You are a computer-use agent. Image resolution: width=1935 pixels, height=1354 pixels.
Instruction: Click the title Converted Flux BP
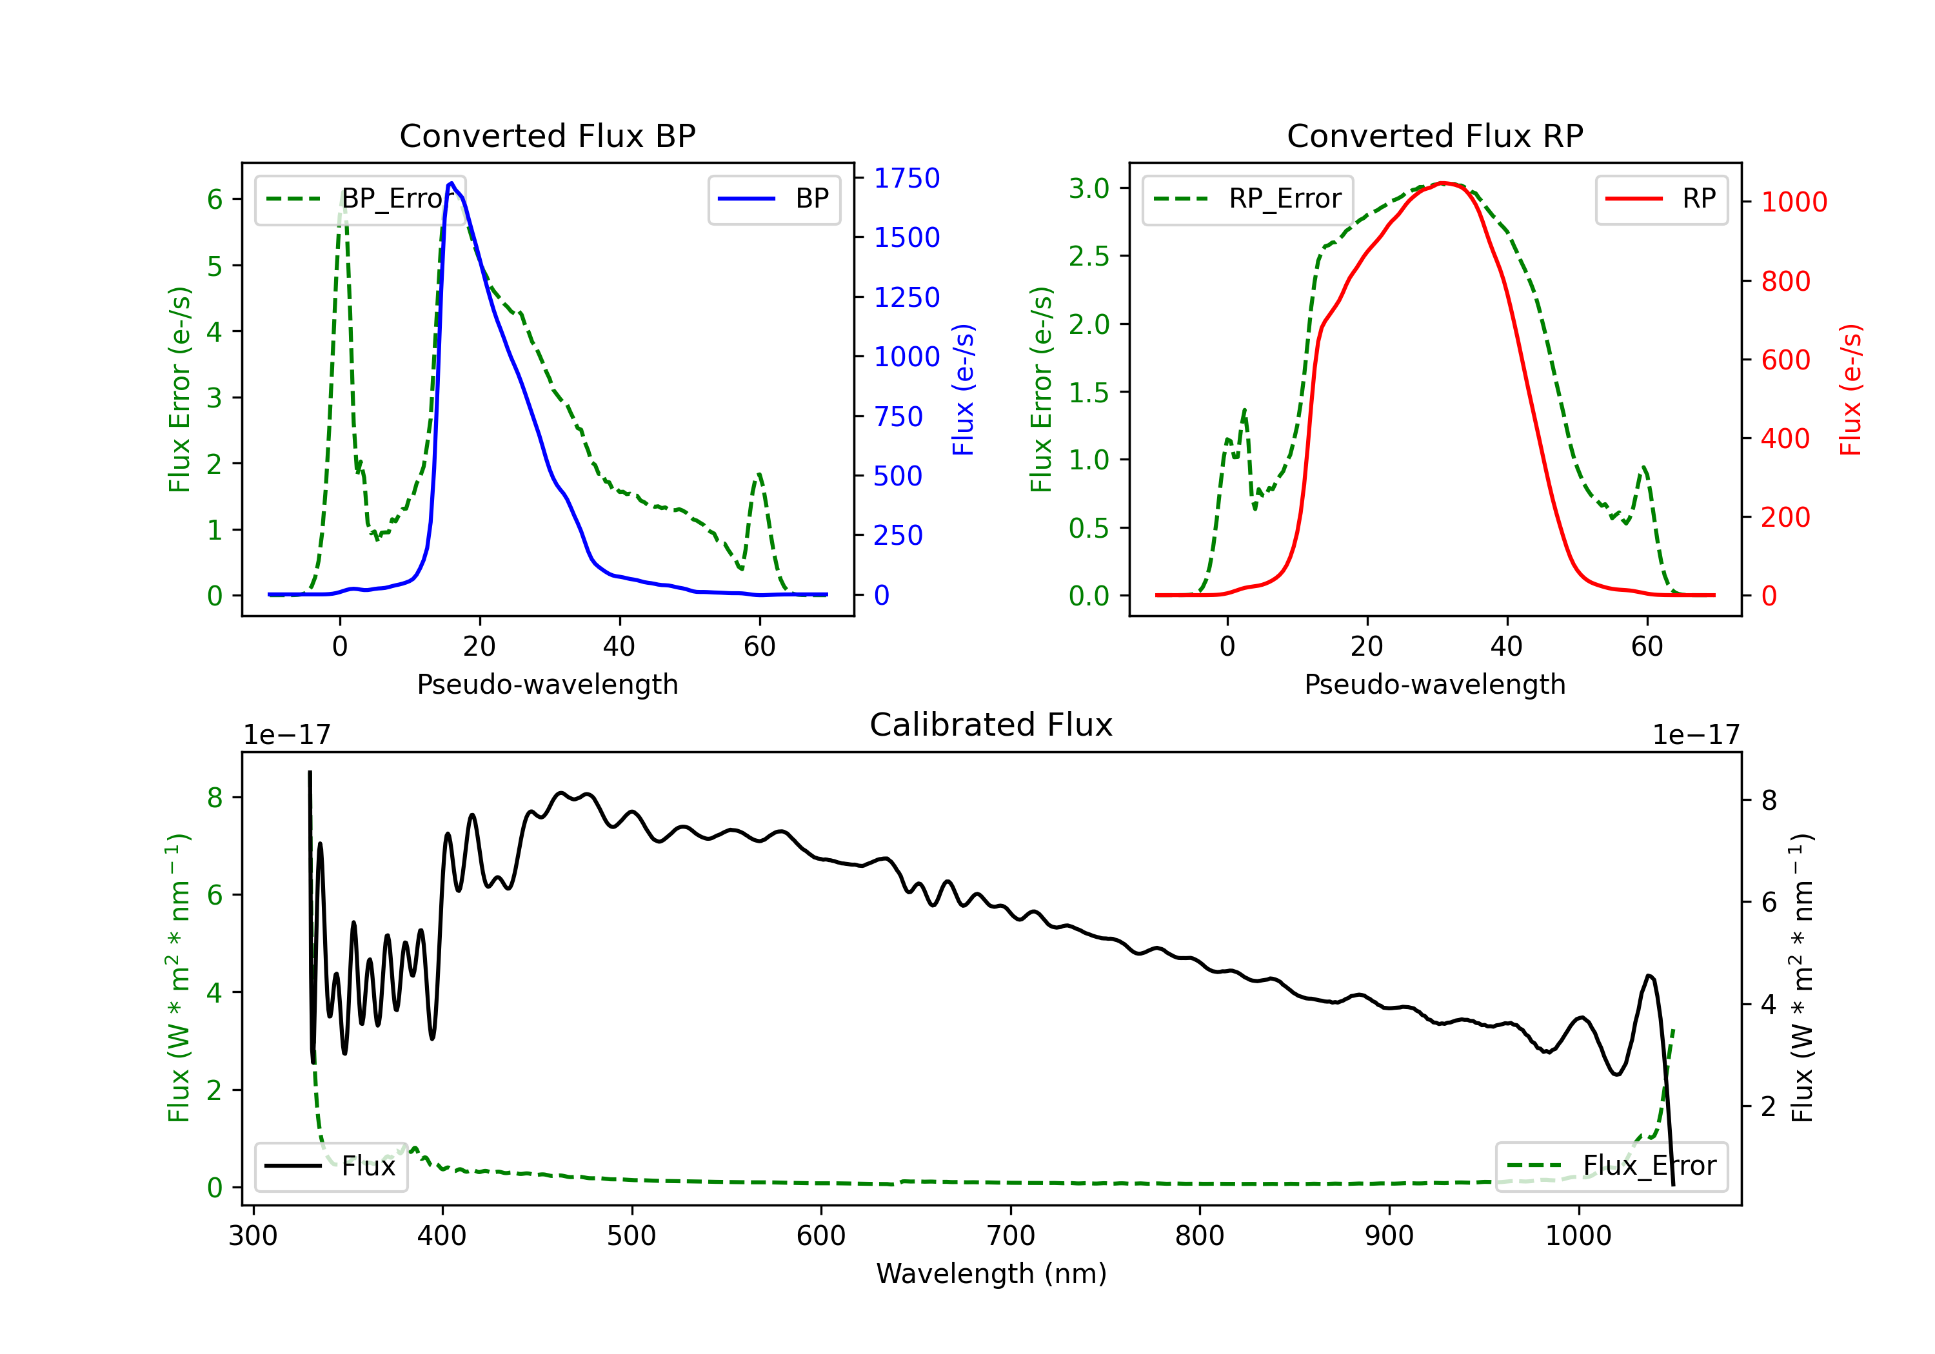[548, 135]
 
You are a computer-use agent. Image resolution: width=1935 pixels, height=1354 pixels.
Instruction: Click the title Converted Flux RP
[1435, 135]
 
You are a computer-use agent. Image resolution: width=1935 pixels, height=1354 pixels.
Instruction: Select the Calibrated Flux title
[991, 725]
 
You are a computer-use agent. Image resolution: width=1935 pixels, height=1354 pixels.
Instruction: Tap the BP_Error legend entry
[361, 199]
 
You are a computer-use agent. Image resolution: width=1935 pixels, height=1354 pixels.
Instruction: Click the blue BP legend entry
[773, 199]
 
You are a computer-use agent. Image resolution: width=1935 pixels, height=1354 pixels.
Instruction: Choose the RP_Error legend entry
[1247, 199]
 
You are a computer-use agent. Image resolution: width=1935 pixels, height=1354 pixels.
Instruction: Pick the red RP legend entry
[1661, 199]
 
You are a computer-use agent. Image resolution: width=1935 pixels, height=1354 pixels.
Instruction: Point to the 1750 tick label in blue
[907, 178]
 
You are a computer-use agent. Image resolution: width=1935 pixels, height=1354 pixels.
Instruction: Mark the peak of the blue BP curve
[451, 183]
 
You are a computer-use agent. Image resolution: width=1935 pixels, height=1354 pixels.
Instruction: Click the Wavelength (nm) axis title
[991, 1274]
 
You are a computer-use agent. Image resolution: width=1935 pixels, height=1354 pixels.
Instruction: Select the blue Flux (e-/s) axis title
[963, 390]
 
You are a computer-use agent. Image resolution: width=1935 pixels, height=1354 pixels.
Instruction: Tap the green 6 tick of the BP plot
[215, 200]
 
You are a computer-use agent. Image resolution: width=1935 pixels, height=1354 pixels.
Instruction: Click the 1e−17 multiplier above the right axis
[1696, 736]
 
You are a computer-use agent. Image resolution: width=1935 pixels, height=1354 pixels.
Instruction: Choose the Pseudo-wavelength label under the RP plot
[1435, 684]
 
